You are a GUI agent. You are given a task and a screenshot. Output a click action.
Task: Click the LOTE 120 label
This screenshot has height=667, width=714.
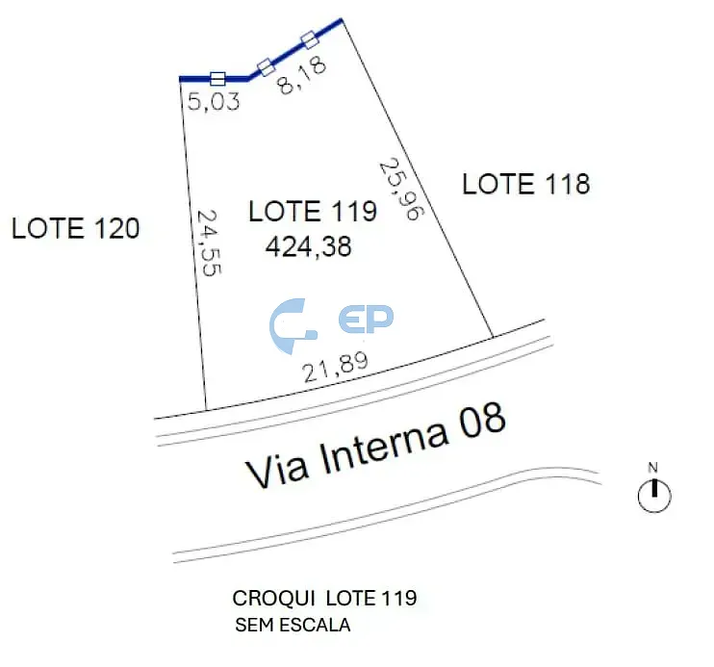(x=76, y=228)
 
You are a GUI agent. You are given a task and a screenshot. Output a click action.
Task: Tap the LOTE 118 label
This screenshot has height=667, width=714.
(x=526, y=184)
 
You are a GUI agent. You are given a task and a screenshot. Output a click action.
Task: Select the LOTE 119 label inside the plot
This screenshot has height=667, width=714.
(x=313, y=211)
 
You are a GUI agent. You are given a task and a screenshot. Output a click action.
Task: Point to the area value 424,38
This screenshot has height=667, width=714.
(x=308, y=247)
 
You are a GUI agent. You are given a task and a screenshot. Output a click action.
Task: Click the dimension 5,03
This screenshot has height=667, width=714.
(x=214, y=101)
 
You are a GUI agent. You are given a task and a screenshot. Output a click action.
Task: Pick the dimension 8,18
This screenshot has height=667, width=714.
(x=302, y=75)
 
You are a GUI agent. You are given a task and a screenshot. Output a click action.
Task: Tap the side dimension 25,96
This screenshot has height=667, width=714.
(x=401, y=189)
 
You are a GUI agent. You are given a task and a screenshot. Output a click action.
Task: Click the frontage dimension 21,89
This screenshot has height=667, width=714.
(x=336, y=368)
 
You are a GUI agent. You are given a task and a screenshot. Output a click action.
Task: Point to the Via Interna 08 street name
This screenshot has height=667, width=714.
(x=375, y=445)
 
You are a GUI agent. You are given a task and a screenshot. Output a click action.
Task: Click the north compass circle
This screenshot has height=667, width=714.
(x=654, y=496)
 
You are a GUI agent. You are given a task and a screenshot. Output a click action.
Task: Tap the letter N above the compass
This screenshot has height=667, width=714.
(x=653, y=468)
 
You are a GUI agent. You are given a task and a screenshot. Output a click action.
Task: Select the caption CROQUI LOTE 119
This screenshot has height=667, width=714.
(x=324, y=599)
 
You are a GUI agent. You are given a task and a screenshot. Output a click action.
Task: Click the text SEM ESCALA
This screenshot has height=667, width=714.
(x=293, y=625)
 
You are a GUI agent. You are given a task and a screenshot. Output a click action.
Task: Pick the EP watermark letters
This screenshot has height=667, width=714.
(x=366, y=319)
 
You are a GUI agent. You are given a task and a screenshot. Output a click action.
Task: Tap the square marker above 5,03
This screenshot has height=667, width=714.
(x=217, y=79)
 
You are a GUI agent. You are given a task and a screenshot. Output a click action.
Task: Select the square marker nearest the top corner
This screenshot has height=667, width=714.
(x=310, y=39)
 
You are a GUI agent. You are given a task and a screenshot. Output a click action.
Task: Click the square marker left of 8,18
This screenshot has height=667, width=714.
(x=266, y=67)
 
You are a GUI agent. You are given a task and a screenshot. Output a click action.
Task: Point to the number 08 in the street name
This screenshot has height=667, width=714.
(x=483, y=419)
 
